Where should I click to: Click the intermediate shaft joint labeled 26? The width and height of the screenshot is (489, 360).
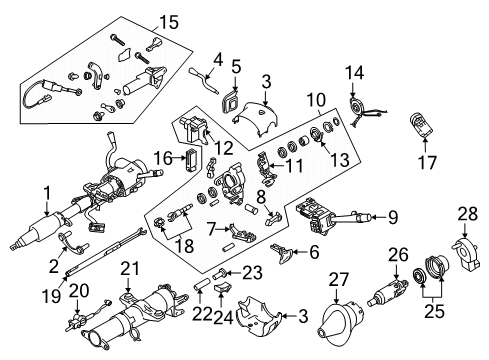click(385, 299)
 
